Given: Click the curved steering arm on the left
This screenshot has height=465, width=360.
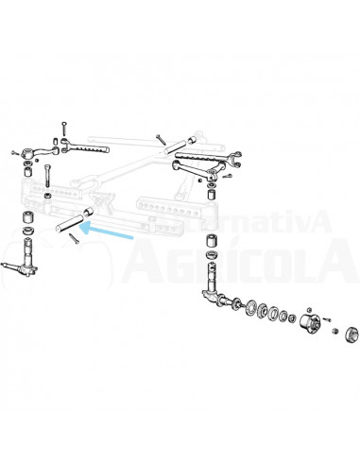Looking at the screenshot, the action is click(37, 150).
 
